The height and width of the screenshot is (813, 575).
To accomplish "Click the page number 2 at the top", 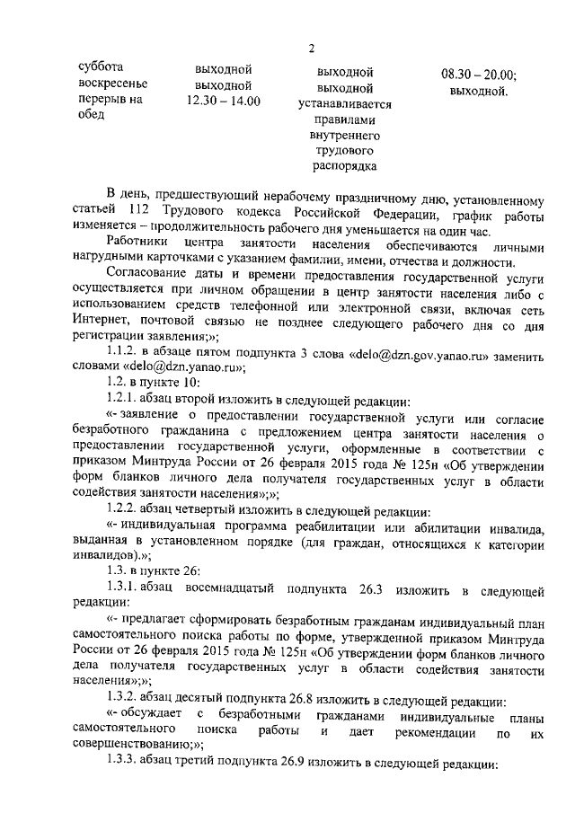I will tap(311, 49).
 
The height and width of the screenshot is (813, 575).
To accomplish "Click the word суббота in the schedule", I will tap(102, 68).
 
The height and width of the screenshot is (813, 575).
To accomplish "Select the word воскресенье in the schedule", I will tap(111, 84).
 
